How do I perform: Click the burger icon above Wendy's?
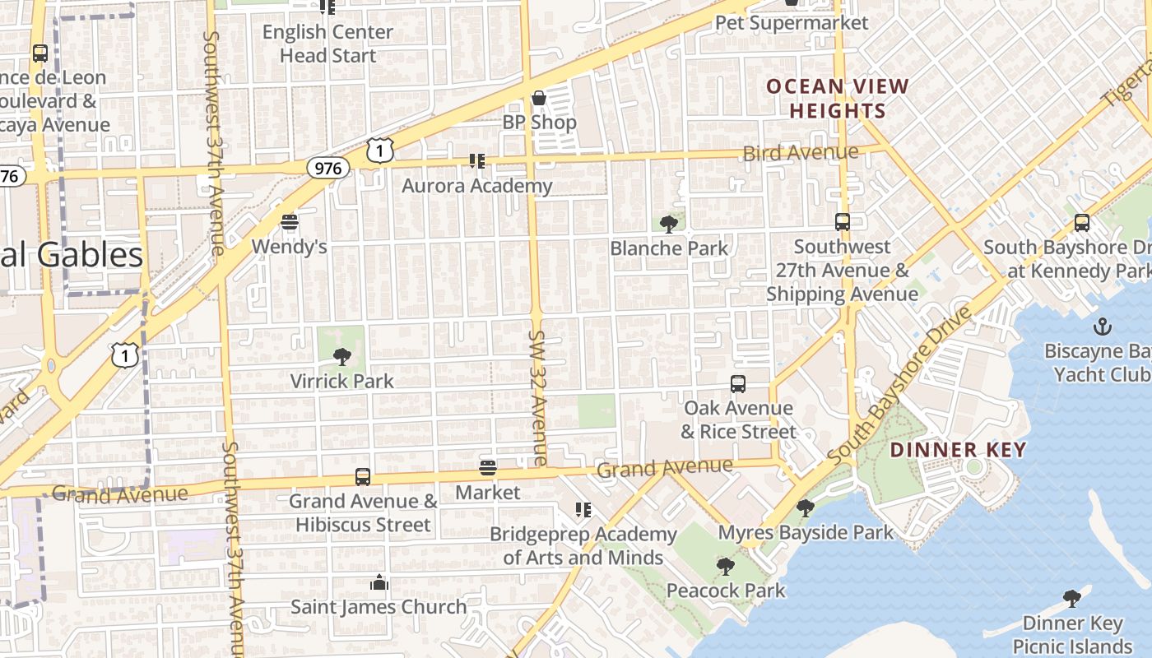coord(289,222)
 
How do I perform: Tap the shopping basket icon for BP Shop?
coord(539,99)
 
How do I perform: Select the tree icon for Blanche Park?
coord(669,223)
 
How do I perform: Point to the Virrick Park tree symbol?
coord(341,357)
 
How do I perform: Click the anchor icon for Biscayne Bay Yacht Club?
coord(1102,327)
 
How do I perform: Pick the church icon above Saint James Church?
coord(379,582)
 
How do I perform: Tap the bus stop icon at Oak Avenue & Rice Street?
coord(738,383)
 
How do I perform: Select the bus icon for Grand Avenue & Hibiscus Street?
coord(363,476)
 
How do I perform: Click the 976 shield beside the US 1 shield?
coord(328,168)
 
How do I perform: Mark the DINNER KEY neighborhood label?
coord(958,450)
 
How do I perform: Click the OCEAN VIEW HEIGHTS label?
coord(838,99)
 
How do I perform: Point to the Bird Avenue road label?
coord(800,153)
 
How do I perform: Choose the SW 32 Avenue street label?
coord(538,398)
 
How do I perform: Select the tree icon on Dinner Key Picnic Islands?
coord(1071,598)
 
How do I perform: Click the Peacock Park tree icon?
coord(725,566)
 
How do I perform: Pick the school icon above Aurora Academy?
coord(476,160)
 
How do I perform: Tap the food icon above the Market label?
coord(488,468)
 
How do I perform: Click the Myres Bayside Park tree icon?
coord(806,508)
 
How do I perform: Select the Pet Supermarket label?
coord(792,22)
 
